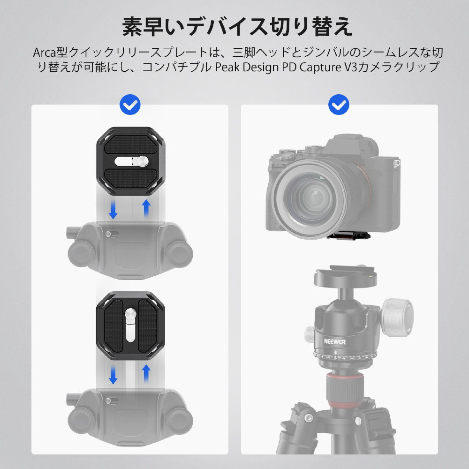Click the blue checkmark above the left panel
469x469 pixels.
(x=130, y=105)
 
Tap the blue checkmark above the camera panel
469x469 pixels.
(x=339, y=105)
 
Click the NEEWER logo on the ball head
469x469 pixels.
(x=335, y=341)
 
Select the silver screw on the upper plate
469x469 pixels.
(x=142, y=161)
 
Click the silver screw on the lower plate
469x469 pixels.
(x=131, y=314)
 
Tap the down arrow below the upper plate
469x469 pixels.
(x=113, y=210)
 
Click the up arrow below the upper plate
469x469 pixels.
(x=146, y=208)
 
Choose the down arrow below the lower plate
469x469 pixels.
(x=113, y=375)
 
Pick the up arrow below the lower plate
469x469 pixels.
(x=146, y=373)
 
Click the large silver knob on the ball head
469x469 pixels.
(x=398, y=317)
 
